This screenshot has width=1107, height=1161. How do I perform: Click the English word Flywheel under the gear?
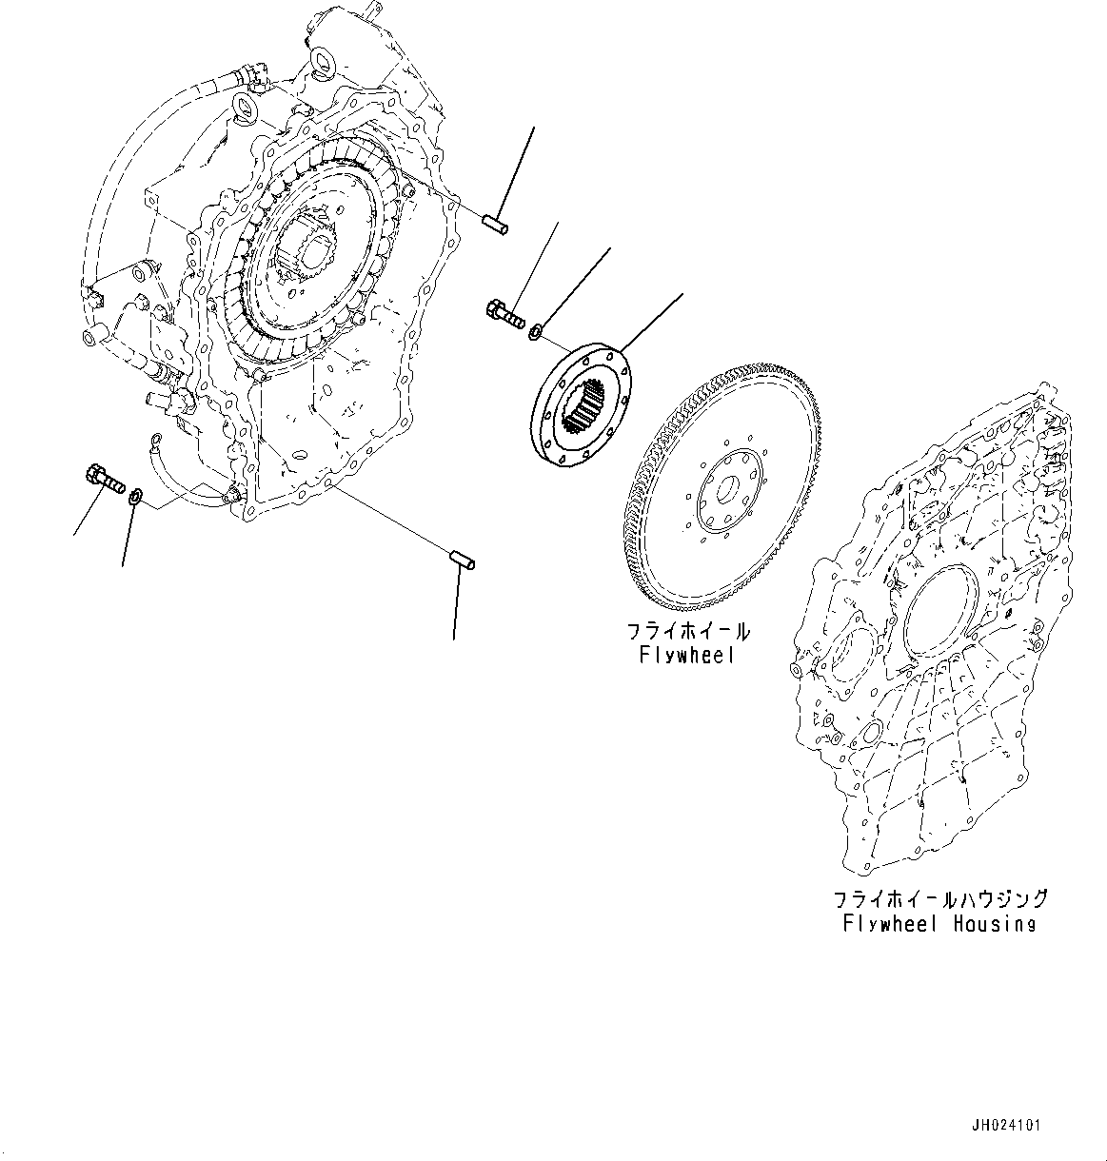[x=686, y=656]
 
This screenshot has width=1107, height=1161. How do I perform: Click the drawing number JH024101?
[x=1006, y=1125]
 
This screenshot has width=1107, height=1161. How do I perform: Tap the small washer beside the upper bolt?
[x=537, y=332]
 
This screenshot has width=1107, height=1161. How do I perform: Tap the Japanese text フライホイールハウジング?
[x=939, y=899]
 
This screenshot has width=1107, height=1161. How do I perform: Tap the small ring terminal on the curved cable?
[x=154, y=438]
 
